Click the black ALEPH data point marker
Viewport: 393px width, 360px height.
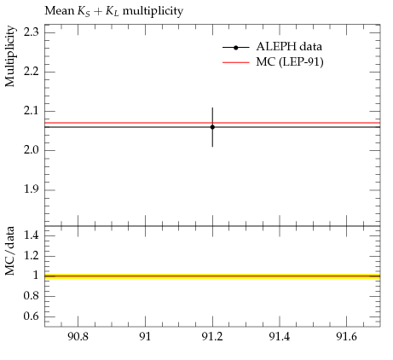(212, 127)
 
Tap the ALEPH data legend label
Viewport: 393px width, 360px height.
(289, 47)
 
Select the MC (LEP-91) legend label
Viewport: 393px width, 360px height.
(290, 62)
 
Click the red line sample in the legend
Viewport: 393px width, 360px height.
(236, 62)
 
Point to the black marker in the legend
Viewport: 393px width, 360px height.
(235, 48)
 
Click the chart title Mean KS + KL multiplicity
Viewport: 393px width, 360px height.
(114, 12)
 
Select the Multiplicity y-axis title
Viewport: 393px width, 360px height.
(10, 56)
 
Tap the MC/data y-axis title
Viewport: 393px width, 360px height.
(10, 251)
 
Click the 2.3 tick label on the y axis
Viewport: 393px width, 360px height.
(32, 32)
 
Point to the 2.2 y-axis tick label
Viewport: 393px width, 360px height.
(32, 72)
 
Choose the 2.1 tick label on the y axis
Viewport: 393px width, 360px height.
(32, 111)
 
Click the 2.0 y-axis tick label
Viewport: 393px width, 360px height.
(32, 150)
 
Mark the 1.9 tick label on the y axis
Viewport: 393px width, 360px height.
(32, 189)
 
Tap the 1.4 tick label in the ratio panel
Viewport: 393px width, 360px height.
(32, 235)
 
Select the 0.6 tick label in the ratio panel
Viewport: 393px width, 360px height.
(32, 316)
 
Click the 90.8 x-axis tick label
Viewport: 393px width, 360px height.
(78, 337)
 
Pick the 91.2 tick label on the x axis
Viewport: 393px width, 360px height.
(212, 337)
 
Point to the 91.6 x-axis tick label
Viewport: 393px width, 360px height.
(346, 337)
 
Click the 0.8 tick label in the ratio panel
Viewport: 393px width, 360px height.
(32, 296)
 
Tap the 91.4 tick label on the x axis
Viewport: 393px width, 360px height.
(280, 337)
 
